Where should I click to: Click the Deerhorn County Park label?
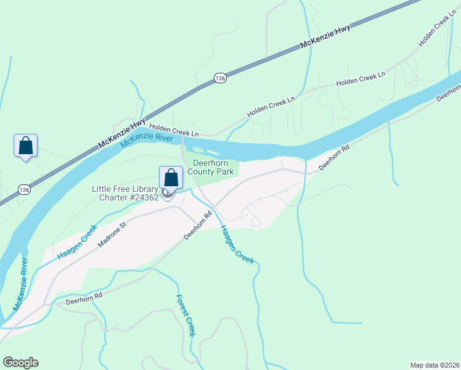(x=213, y=167)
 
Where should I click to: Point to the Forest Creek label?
(x=186, y=315)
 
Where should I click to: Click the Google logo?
(x=20, y=363)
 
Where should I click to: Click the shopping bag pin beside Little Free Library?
(x=171, y=178)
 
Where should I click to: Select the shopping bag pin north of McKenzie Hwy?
(x=25, y=146)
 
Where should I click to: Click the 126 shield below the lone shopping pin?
(x=23, y=189)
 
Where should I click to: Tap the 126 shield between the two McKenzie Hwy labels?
(x=220, y=78)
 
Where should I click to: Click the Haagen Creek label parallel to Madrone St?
(x=77, y=241)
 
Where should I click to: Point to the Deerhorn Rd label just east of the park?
(x=334, y=158)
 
